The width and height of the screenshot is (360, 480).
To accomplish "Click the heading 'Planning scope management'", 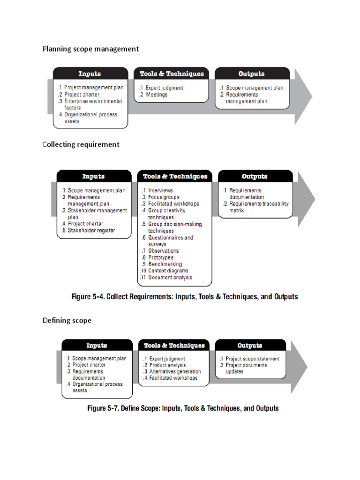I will [x=90, y=49].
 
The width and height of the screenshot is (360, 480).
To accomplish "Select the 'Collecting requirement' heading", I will [x=81, y=144].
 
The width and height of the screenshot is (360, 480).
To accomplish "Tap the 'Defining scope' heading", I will [x=67, y=321].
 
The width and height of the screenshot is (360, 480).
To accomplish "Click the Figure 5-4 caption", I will [x=184, y=297].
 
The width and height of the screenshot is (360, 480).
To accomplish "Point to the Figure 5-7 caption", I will [x=183, y=408].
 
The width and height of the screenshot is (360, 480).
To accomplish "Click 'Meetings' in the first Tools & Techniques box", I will [x=156, y=95].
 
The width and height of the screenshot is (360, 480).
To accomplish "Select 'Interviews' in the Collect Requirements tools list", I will [x=160, y=191].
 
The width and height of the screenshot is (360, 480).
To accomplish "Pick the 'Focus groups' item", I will [x=164, y=197].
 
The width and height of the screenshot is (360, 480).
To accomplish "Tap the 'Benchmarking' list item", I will [x=165, y=264].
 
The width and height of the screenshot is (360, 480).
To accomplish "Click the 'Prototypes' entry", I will [x=161, y=257].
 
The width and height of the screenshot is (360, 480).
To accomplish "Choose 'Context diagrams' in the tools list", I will [x=168, y=271].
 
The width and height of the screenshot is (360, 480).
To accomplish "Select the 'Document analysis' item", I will [x=170, y=277].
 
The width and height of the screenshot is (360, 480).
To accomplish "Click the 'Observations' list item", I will [x=163, y=251].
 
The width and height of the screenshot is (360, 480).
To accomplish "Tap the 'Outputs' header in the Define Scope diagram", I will [x=250, y=345].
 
